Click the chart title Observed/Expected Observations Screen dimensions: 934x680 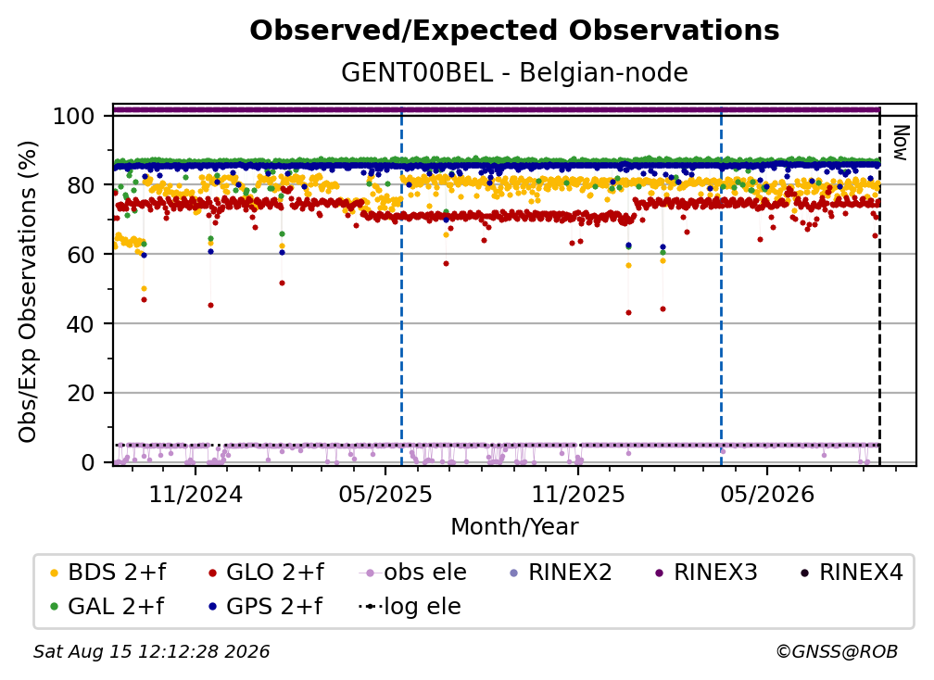[x=514, y=31]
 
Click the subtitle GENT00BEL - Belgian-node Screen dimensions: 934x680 [x=514, y=72]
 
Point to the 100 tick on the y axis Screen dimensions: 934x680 [x=74, y=116]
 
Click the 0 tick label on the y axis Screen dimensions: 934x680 [x=88, y=462]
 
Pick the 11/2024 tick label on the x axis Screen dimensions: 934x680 [x=196, y=494]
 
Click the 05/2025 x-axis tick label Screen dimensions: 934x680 [x=385, y=494]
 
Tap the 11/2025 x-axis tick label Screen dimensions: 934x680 [x=578, y=494]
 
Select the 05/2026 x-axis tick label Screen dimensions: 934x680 [x=766, y=494]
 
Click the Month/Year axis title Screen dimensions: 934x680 [x=514, y=527]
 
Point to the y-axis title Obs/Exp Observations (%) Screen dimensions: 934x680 [x=28, y=292]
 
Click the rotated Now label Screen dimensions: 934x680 [x=900, y=143]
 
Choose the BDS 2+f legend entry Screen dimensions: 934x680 [x=108, y=573]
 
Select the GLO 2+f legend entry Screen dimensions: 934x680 [x=266, y=573]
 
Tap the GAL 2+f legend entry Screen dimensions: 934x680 [x=107, y=606]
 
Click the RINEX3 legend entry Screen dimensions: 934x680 [x=706, y=573]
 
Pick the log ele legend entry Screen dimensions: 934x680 [x=410, y=606]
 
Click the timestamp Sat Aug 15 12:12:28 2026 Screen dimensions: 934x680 [x=151, y=652]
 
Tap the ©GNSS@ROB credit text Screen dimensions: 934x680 [x=837, y=652]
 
